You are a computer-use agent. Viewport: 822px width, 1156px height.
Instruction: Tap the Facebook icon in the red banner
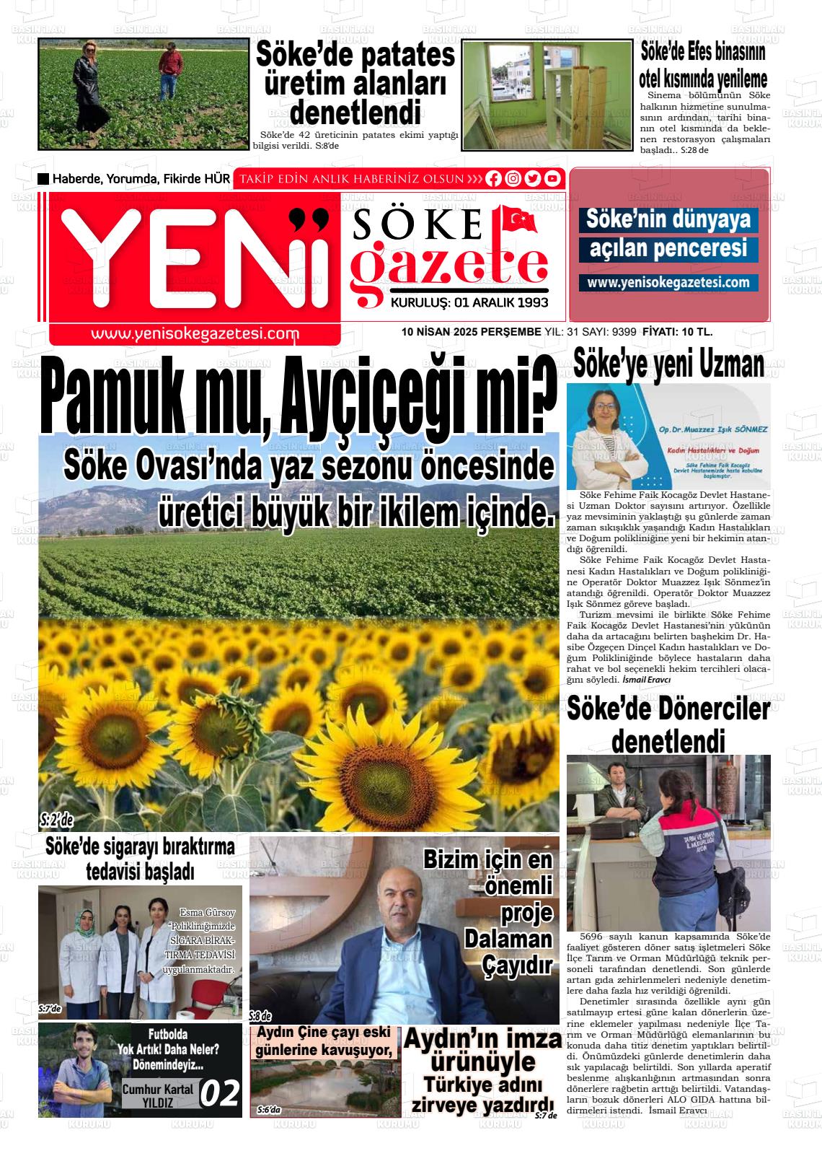(494, 179)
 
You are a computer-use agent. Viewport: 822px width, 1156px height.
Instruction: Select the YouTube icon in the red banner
(552, 179)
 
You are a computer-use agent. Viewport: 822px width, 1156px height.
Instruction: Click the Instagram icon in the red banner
(513, 179)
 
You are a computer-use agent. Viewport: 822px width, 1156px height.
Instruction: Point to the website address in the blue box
(668, 282)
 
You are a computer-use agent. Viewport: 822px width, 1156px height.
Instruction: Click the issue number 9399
(623, 332)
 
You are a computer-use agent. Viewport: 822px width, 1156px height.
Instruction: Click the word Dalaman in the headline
(508, 939)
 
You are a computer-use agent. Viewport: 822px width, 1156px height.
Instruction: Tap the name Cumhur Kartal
(158, 1089)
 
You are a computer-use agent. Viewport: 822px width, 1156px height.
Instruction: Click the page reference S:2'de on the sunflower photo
(56, 820)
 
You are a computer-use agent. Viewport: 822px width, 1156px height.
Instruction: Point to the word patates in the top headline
(407, 56)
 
